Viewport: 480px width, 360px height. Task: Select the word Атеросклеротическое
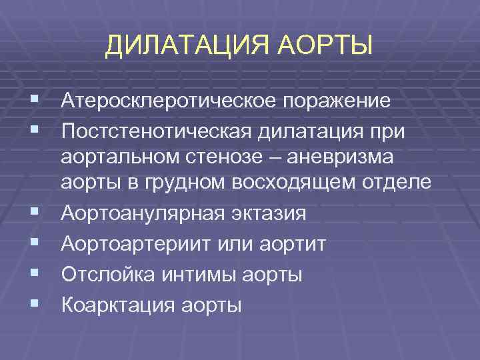tap(171, 102)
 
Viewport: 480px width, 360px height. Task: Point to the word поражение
tap(338, 102)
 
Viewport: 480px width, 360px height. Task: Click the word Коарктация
tap(117, 305)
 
